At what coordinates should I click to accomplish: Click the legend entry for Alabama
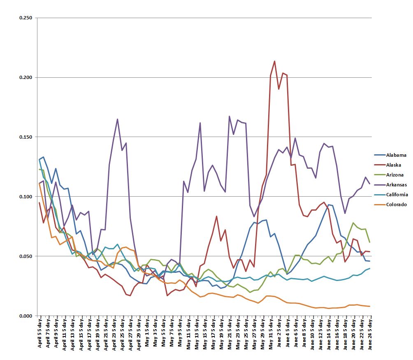(396, 155)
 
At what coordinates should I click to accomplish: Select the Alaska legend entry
(394, 165)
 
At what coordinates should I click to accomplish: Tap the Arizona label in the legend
(395, 175)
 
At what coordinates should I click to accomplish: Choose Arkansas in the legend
(397, 185)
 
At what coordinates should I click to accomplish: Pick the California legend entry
(397, 195)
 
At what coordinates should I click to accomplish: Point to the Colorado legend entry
(396, 204)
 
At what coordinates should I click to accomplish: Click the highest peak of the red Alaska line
(274, 61)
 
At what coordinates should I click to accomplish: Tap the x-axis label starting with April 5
(39, 333)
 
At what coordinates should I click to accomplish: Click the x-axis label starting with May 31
(271, 333)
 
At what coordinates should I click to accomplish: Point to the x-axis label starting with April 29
(139, 333)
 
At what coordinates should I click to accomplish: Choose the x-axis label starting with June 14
(328, 333)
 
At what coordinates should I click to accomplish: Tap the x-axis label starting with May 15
(204, 333)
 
